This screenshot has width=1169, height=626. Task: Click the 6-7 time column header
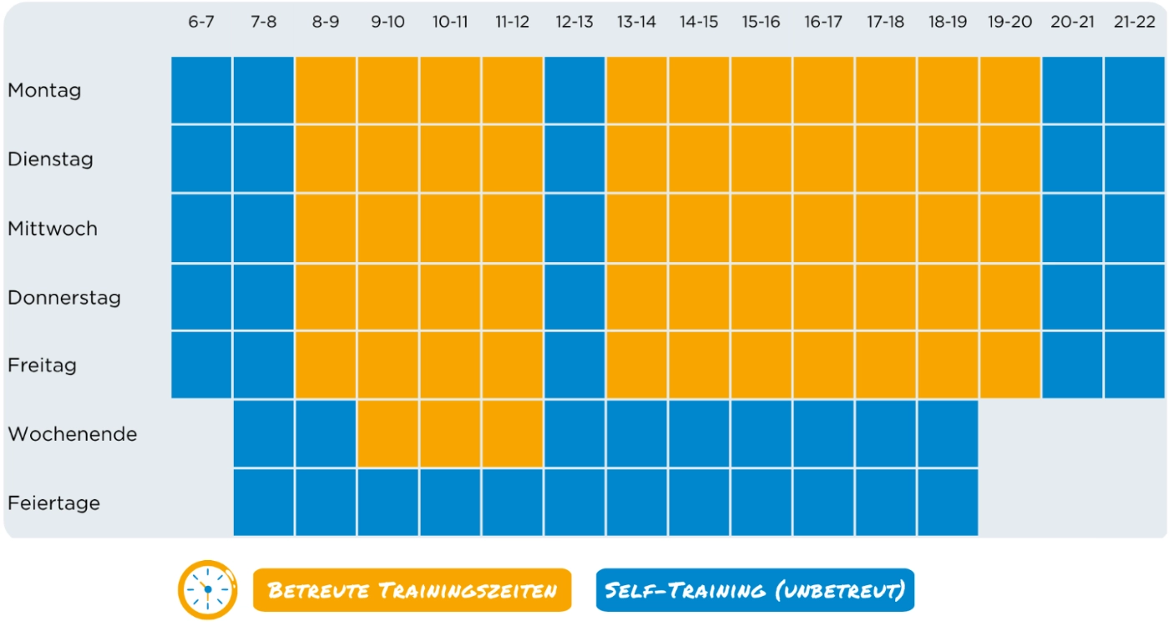[x=201, y=23]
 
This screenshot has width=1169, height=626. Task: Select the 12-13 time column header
[x=574, y=23]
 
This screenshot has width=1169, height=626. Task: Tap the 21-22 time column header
[x=1135, y=23]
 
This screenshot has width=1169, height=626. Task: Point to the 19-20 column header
[x=1010, y=23]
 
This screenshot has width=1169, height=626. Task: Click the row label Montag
[x=44, y=90]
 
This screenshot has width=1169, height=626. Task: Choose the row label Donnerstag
[x=64, y=298]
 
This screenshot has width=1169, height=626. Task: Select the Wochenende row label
[x=72, y=434]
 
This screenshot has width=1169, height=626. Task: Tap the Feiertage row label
[x=53, y=503]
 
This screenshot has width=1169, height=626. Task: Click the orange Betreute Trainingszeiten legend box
[x=412, y=590]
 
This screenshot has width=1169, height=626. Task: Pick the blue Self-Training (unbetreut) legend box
[x=755, y=590]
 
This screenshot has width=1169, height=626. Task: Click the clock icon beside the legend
[x=208, y=590]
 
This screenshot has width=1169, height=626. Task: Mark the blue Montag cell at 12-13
[x=574, y=90]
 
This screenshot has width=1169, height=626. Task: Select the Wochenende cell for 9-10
[x=387, y=434]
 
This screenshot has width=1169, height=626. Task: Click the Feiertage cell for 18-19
[x=948, y=502]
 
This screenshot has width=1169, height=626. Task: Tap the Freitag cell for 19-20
[x=1010, y=366]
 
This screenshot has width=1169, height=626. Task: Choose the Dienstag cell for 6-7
[x=201, y=159]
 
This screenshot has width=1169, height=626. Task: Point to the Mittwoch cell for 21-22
[x=1135, y=229]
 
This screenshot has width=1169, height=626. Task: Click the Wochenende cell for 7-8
[x=264, y=434]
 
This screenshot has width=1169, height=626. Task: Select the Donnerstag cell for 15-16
[x=761, y=297]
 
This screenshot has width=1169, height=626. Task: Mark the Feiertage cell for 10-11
[x=450, y=502]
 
